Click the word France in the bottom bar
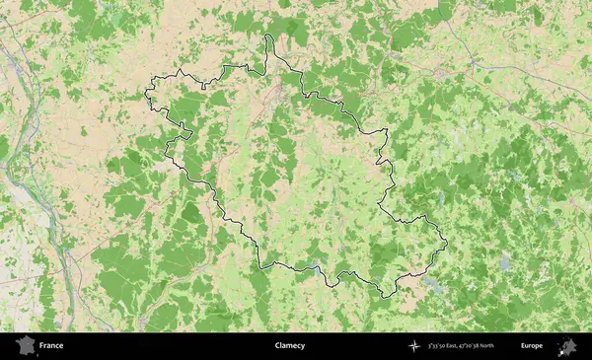tap(52, 346)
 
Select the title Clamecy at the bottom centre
tap(290, 346)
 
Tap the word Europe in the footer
tap(532, 346)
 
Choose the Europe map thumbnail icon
tap(568, 346)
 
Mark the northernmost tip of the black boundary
tap(267, 36)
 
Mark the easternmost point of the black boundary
tap(447, 243)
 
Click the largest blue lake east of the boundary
tap(505, 264)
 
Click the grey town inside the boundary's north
tap(279, 92)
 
